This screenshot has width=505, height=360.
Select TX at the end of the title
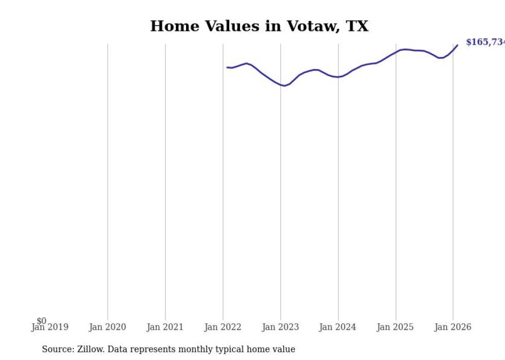[x=357, y=26]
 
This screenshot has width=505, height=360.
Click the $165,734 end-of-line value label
[x=485, y=42]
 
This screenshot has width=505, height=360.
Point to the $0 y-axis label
[x=41, y=321]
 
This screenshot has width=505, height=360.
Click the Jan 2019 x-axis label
[x=49, y=327]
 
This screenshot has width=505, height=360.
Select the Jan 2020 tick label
[x=107, y=327]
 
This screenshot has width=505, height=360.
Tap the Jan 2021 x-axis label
[x=165, y=327]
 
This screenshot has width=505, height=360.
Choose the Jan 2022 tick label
[x=223, y=327]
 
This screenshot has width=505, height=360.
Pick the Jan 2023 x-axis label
[x=280, y=327]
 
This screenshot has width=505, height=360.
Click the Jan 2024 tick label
[x=338, y=327]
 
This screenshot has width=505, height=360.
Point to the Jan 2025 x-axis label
[x=395, y=327]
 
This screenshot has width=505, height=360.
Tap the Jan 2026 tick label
[x=453, y=327]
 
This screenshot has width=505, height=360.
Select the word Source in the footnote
[x=57, y=349]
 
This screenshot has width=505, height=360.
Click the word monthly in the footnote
[x=203, y=349]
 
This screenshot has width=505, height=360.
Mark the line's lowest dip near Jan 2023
[x=284, y=85]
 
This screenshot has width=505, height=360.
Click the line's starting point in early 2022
[x=227, y=67]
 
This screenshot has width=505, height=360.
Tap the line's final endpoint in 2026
[x=457, y=45]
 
